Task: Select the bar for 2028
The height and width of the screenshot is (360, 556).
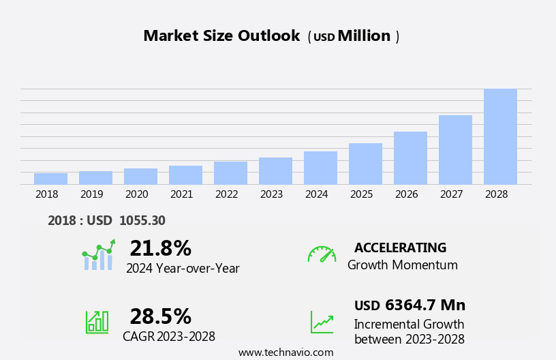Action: pos(500,136)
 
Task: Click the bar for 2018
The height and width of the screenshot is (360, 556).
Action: pos(50,179)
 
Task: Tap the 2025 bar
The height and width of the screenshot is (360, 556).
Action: pos(365,164)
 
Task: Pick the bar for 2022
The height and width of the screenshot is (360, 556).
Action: pos(230,173)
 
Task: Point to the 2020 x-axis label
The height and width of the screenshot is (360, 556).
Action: pos(136,194)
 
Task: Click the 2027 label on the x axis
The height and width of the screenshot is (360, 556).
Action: pos(451,194)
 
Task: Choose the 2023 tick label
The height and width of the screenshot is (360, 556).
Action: pos(271,194)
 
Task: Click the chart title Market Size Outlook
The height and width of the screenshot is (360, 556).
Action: pos(221,36)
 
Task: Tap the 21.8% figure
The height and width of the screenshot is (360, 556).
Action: pos(160,248)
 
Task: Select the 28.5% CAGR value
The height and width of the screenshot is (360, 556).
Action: pos(160,316)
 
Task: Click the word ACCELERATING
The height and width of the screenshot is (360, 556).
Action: pos(400,247)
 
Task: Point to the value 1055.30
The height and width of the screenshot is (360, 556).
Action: pos(142,220)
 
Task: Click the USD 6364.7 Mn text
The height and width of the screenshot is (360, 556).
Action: pos(410,305)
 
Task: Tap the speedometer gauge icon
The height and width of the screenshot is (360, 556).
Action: pos(322,254)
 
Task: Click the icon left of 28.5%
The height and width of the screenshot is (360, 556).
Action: pos(97,321)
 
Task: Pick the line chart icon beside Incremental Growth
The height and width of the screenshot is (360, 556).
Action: pos(322,321)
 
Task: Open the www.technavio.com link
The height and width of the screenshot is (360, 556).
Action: pos(285,352)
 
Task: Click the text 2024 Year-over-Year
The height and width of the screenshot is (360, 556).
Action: pos(183,269)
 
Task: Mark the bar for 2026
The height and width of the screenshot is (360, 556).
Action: pos(410,157)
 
